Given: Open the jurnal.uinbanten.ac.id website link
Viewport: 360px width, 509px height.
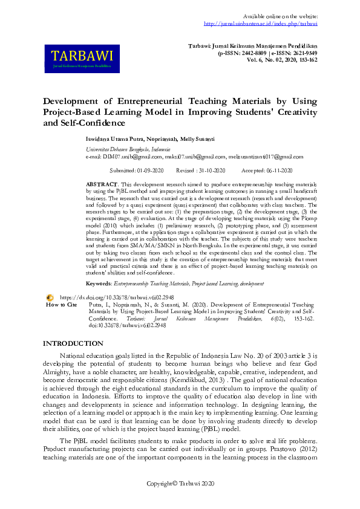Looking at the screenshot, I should pos(261,24).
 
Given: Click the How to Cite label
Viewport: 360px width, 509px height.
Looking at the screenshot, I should pos(62,305).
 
